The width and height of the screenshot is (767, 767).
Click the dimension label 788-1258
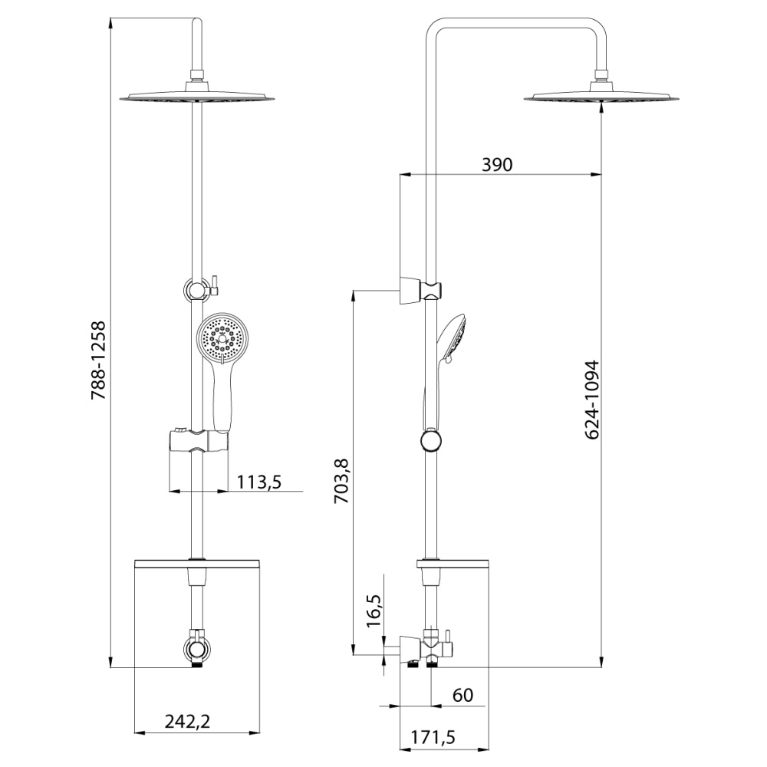coord(98,360)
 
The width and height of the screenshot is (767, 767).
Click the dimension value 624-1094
coord(591,400)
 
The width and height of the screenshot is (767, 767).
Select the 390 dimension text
coord(496,164)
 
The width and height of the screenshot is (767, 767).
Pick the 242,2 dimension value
coord(189,721)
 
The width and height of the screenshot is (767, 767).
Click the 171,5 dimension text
coord(433,738)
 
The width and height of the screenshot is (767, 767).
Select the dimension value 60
coord(462,696)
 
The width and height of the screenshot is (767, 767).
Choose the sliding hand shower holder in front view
coord(198,443)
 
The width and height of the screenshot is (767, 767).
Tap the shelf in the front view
coord(199,565)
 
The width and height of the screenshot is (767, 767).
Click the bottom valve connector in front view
coord(199,646)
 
